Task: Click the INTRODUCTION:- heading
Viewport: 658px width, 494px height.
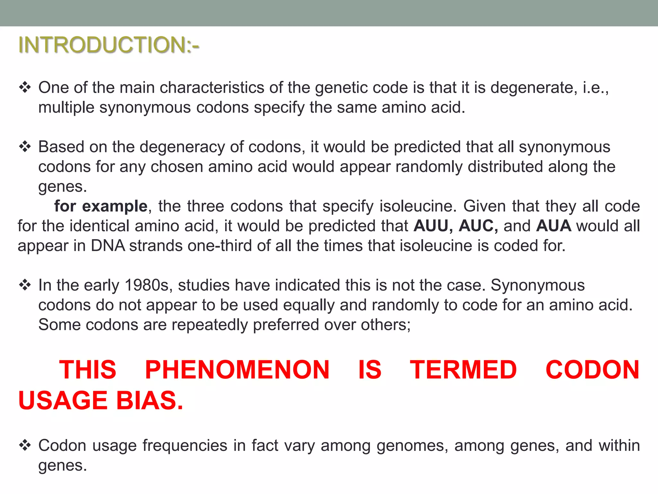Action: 109,45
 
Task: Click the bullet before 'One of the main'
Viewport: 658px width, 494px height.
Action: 25,87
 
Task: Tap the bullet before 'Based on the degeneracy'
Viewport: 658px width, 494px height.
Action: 25,147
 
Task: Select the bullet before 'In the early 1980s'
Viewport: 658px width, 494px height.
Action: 25,285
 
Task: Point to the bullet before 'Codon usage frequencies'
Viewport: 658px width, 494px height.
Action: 25,446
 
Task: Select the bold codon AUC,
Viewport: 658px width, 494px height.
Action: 478,226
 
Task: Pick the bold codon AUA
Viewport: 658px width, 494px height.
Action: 553,226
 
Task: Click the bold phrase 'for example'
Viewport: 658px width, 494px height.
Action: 101,206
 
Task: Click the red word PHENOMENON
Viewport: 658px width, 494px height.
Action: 237,370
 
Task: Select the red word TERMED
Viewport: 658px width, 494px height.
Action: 463,370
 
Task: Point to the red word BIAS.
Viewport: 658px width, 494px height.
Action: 149,401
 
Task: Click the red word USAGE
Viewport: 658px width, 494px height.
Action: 63,401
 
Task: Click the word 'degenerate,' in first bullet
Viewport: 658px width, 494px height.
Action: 534,87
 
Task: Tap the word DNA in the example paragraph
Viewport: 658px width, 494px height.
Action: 108,246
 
